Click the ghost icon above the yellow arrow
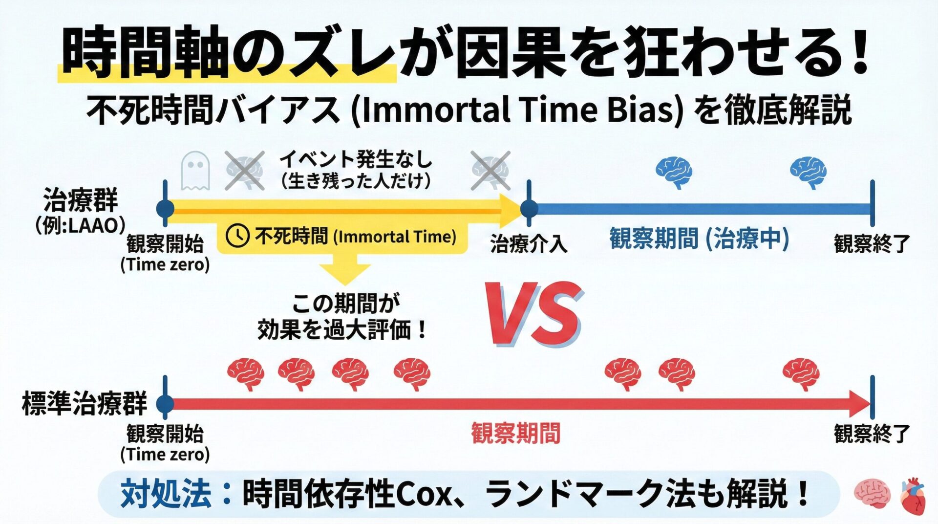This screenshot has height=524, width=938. coord(195,171)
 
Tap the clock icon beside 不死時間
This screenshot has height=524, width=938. coord(237,236)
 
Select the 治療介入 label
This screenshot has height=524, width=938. coord(529,243)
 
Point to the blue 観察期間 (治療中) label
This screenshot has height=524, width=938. coord(699,239)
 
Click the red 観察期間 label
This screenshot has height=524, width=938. coord(515,433)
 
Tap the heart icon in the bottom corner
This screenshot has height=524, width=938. coord(913,496)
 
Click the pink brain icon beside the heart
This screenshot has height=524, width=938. coord(873,494)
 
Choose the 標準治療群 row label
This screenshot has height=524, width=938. coord(85,404)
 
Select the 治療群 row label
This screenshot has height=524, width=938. coord(81,201)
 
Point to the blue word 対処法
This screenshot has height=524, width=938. coord(166,494)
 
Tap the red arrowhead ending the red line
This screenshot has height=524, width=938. coord(860,404)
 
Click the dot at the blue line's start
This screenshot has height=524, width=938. coord(529,209)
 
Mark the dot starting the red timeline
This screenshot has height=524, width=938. coord(165,404)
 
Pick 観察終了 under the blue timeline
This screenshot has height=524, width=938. coord(872,243)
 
